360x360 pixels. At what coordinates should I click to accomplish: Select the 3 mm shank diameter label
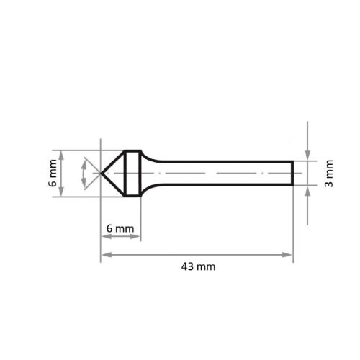(x=329, y=174)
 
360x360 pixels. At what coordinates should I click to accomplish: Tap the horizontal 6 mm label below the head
(x=120, y=228)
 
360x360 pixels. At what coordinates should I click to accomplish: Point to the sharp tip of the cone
(x=100, y=174)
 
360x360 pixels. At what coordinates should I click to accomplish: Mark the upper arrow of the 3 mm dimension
(x=307, y=156)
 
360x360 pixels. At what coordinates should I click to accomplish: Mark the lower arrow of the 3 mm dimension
(x=307, y=190)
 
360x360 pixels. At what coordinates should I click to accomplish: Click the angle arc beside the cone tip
(x=85, y=174)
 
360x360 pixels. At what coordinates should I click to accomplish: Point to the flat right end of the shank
(x=292, y=174)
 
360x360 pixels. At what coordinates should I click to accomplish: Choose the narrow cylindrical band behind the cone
(x=132, y=174)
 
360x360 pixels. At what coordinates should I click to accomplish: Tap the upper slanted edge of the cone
(x=112, y=162)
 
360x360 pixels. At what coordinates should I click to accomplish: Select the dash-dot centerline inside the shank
(x=216, y=174)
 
